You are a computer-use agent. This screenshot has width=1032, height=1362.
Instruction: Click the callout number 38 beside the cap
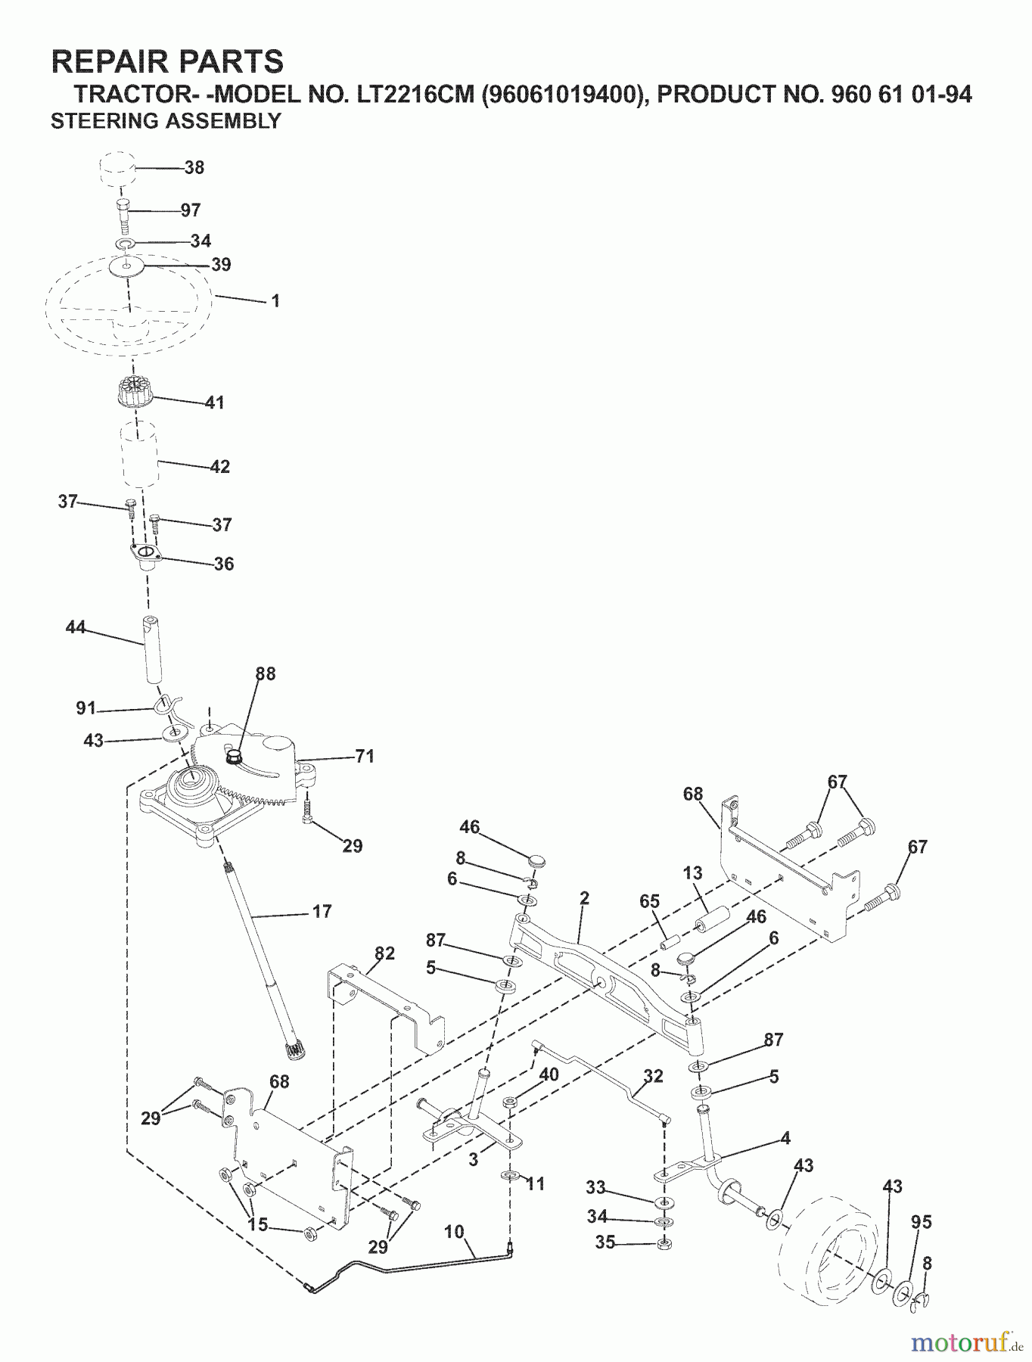[x=194, y=168]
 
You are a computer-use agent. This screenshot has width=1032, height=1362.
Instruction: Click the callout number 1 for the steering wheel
[x=276, y=301]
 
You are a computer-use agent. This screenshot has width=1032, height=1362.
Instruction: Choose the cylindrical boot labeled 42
[x=139, y=454]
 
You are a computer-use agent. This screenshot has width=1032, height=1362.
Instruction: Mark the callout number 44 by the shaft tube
[x=76, y=627]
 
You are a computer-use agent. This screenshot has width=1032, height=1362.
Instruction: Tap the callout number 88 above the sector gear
[x=266, y=673]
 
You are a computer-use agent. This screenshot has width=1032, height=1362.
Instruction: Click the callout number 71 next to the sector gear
[x=365, y=756]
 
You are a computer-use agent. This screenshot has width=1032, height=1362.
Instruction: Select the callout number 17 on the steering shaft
[x=322, y=912]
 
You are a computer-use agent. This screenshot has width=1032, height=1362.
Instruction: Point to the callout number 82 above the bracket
[x=385, y=953]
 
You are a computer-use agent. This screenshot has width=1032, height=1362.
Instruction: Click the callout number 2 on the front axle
[x=584, y=898]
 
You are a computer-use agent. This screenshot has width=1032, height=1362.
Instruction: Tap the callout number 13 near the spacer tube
[x=692, y=873]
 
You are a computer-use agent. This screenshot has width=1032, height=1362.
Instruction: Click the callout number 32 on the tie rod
[x=653, y=1076]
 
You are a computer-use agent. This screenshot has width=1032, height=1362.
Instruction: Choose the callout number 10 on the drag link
[x=454, y=1232]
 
